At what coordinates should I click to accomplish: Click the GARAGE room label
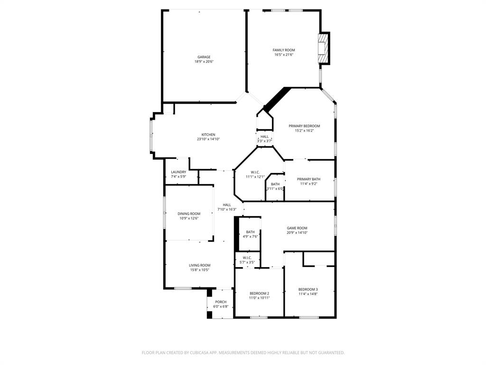point(204,57)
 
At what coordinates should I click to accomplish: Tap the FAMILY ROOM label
point(284,50)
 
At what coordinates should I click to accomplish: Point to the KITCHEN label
point(208,134)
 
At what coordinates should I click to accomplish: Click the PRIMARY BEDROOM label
point(304,126)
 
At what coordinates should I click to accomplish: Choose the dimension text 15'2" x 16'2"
point(304,131)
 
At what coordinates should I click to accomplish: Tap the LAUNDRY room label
point(178,172)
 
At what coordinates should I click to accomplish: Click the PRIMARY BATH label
point(308,179)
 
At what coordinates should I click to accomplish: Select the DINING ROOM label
point(189,214)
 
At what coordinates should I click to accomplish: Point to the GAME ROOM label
point(297,228)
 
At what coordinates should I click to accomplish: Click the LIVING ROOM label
point(200,265)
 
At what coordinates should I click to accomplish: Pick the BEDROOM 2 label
point(260,293)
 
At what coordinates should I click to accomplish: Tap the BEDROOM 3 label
point(308,289)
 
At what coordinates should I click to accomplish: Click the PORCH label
point(221,302)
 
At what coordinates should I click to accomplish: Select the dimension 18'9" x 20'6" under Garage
point(204,62)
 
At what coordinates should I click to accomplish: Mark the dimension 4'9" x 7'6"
point(250,237)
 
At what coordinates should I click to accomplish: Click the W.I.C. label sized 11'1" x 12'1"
point(255,172)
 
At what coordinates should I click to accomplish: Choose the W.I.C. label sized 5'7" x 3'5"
point(247,258)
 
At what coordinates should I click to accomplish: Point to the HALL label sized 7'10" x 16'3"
point(227,205)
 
